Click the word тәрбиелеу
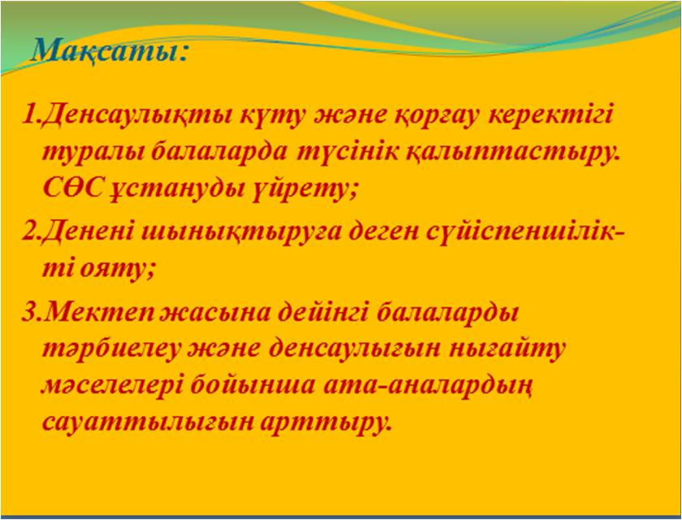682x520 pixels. pos(111,350)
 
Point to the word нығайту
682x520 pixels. pos(511,350)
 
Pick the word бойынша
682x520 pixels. pos(253,386)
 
